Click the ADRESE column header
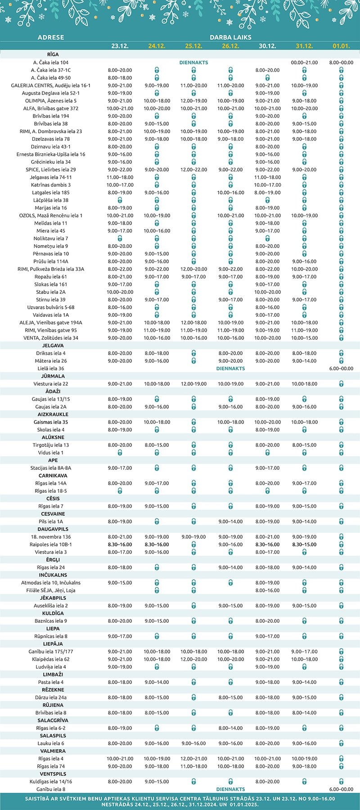pyautogui.click(x=51, y=37)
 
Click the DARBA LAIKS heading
pyautogui.click(x=230, y=37)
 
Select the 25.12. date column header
pyautogui.click(x=193, y=46)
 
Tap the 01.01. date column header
pyautogui.click(x=341, y=46)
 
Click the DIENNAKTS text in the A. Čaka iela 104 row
pyautogui.click(x=193, y=63)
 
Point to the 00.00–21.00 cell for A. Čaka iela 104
pyautogui.click(x=304, y=63)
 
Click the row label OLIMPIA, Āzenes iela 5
pyautogui.click(x=51, y=101)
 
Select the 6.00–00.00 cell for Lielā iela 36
pyautogui.click(x=341, y=369)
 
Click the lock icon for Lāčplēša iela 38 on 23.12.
pyautogui.click(x=120, y=200)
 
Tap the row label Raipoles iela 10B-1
pyautogui.click(x=51, y=544)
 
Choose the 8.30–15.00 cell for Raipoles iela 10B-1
pyautogui.click(x=304, y=544)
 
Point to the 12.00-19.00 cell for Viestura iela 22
pyautogui.click(x=193, y=384)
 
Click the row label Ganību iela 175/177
pyautogui.click(x=51, y=652)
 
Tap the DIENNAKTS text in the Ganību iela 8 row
pyautogui.click(x=230, y=789)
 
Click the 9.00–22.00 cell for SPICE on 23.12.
pyautogui.click(x=120, y=170)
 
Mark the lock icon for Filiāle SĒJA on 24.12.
pyautogui.click(x=157, y=590)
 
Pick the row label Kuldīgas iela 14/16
pyautogui.click(x=51, y=782)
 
